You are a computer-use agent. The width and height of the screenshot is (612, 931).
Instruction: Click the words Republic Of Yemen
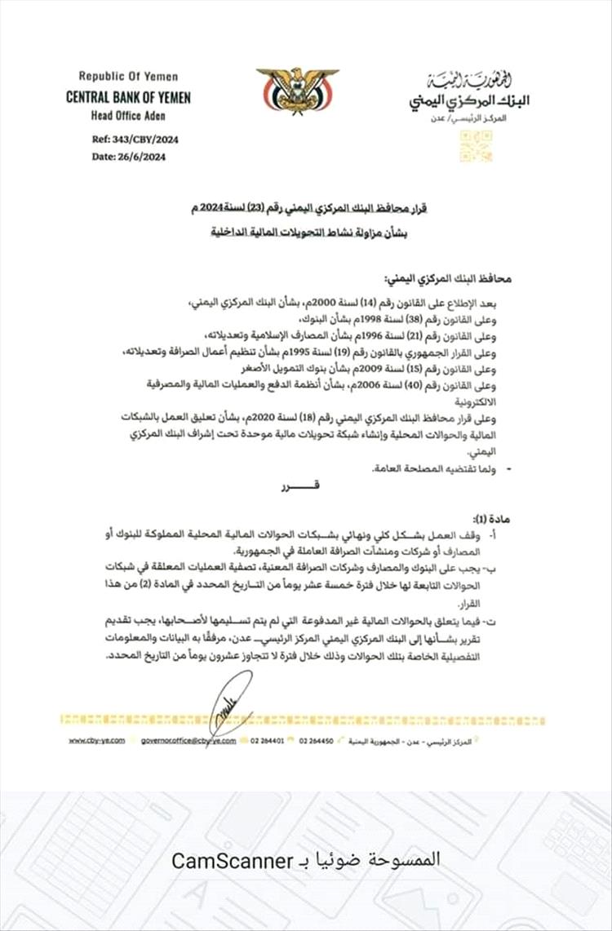coord(122,76)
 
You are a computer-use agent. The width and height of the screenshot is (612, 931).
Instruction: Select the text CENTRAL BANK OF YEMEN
coord(129,97)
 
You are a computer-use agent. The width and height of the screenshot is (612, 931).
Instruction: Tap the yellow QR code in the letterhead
coord(476,146)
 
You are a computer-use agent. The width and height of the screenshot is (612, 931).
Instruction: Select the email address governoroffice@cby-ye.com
coord(188,740)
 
